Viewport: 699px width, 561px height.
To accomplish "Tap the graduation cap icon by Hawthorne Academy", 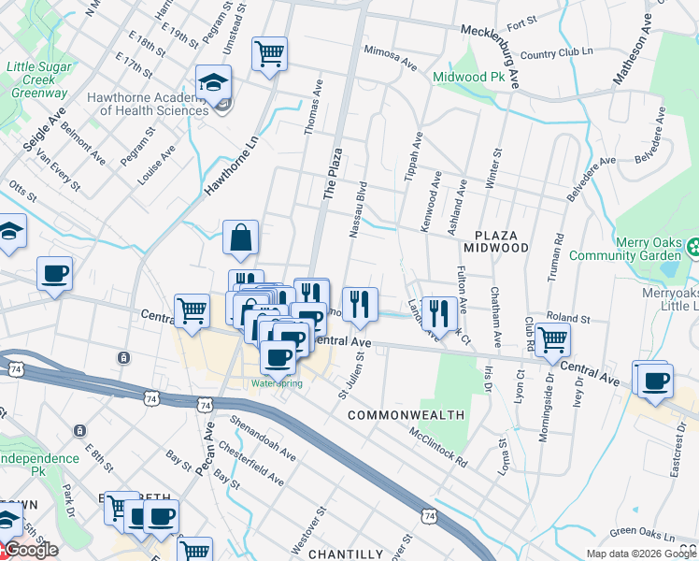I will click(213, 82).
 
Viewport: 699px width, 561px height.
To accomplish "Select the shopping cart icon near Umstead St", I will click(269, 52).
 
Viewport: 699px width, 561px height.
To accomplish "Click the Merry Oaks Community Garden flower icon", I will click(693, 249).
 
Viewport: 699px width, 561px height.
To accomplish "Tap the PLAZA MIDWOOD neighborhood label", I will click(501, 240).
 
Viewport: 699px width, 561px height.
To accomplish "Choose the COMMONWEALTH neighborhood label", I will click(407, 414).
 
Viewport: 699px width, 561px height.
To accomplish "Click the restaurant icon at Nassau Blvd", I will click(359, 303).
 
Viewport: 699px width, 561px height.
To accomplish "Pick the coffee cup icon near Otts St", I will click(54, 273).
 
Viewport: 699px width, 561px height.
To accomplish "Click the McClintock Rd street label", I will click(436, 447).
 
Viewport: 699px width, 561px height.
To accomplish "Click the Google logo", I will click(30, 551).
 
